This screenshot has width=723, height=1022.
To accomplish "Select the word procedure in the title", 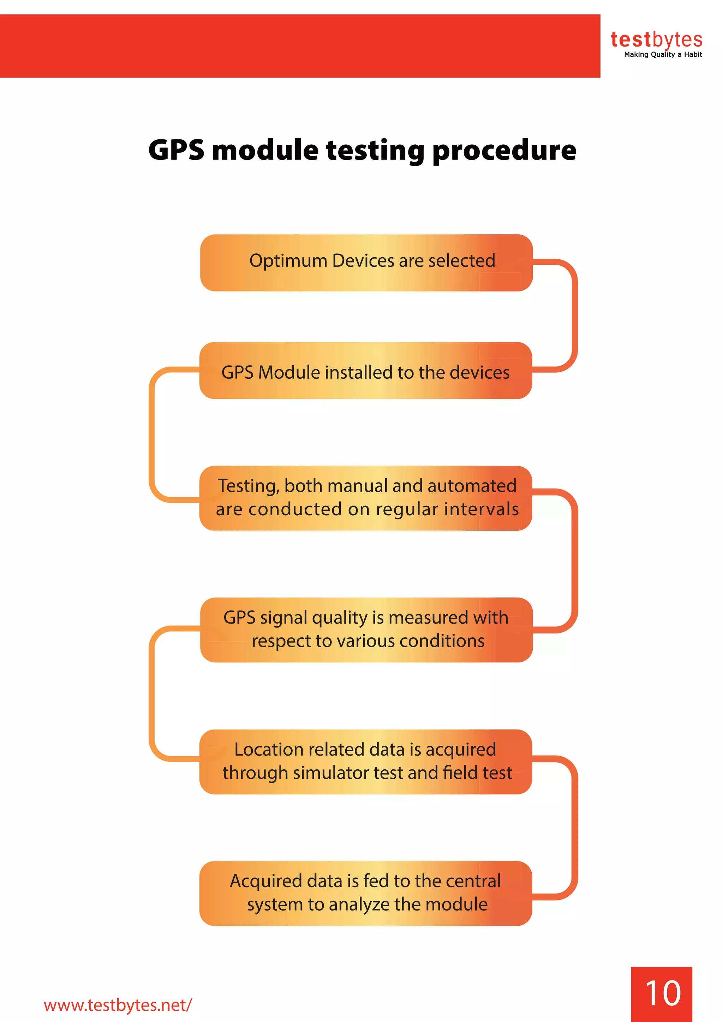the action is point(504,150).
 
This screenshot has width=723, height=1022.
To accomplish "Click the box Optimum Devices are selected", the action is point(366,263).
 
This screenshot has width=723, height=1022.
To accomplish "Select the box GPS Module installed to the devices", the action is point(365,370).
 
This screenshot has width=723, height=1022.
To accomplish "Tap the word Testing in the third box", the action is point(247,486).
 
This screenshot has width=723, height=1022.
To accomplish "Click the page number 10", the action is point(662,993).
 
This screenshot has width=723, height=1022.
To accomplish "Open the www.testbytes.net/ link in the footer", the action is point(118,1005).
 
